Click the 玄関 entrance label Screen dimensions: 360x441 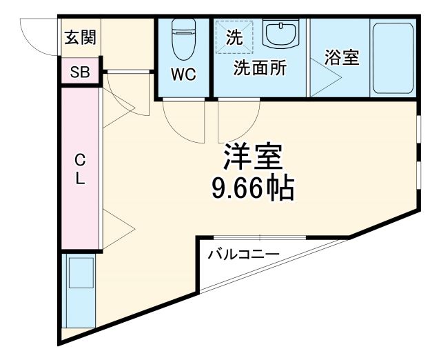(81, 37)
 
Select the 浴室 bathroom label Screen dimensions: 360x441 (342, 57)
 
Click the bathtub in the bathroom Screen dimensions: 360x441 (392, 59)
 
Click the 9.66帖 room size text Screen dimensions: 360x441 (252, 187)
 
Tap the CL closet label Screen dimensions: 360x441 (81, 169)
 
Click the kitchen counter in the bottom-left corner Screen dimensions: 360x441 (79, 290)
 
